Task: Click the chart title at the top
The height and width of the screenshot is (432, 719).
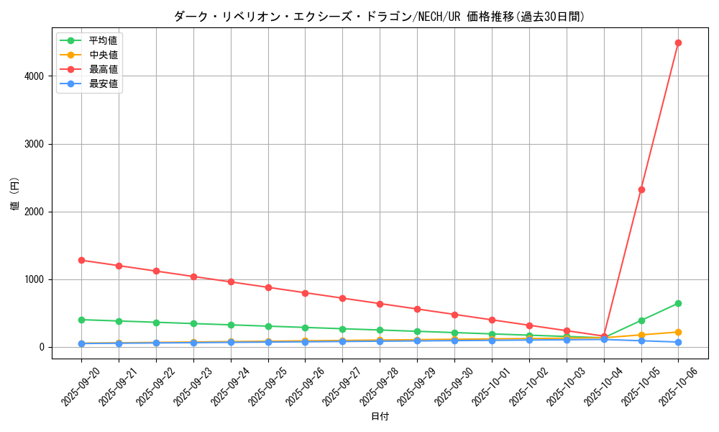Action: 380,16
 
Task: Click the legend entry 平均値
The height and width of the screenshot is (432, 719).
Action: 103,40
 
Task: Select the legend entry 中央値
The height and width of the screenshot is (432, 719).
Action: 103,55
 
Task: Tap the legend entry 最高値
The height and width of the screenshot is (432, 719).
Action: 103,69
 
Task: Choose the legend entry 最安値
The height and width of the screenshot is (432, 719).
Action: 103,84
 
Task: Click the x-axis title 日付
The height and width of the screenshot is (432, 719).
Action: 380,417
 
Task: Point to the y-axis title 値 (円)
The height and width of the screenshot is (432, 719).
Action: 14,194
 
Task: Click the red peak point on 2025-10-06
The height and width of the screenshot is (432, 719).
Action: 678,42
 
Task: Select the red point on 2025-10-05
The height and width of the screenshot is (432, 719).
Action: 641,189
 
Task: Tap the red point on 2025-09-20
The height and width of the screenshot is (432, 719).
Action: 81,260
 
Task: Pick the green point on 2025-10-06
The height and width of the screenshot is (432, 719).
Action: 678,303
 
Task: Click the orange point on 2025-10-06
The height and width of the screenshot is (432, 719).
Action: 678,332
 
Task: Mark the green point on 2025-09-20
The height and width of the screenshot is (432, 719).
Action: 81,320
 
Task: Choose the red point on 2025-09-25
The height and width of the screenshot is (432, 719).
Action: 268,287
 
